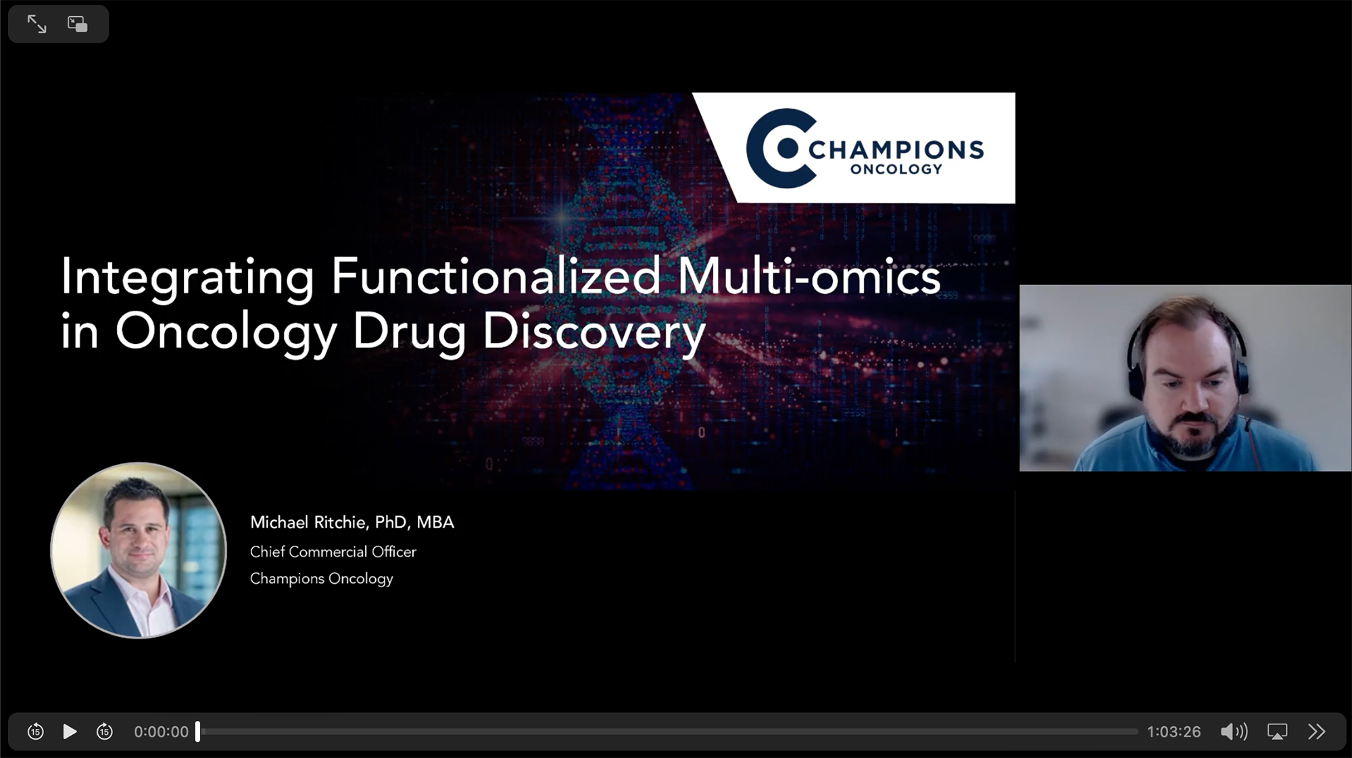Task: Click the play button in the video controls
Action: [x=70, y=732]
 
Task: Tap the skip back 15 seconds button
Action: [x=35, y=731]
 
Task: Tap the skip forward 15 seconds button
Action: [x=105, y=731]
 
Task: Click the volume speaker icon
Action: [x=1234, y=732]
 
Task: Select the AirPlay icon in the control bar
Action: [x=1277, y=732]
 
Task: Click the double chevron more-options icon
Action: [x=1317, y=732]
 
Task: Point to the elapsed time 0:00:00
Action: [x=161, y=732]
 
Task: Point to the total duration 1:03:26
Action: [x=1174, y=732]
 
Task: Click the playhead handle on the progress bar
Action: [x=197, y=732]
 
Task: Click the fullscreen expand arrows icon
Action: [x=37, y=24]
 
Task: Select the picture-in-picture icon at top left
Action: [x=78, y=24]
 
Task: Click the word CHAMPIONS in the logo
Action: [x=896, y=149]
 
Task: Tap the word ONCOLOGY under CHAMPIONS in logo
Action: [x=896, y=170]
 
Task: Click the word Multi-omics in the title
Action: [x=809, y=277]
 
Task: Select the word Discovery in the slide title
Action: [x=594, y=333]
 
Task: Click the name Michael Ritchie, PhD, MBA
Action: [x=352, y=522]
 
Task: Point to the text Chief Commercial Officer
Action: [x=333, y=552]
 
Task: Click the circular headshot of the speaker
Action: [x=139, y=550]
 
